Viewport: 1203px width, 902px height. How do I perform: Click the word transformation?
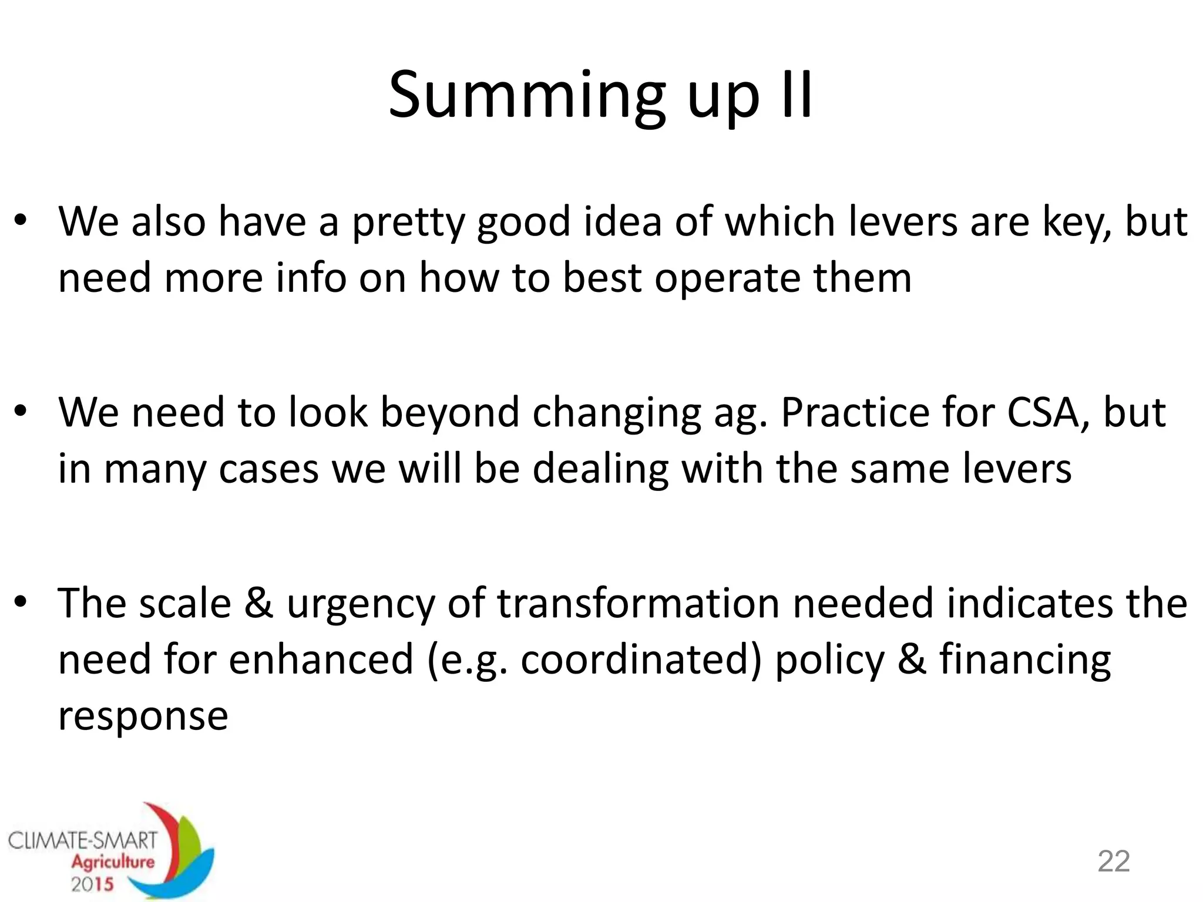[x=638, y=603]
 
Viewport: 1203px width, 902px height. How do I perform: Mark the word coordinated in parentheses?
[x=636, y=659]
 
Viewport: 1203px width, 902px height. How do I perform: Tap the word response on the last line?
[x=143, y=717]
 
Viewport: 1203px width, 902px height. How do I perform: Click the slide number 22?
[x=1114, y=861]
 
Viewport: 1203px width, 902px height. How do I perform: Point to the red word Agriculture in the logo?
[x=113, y=862]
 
